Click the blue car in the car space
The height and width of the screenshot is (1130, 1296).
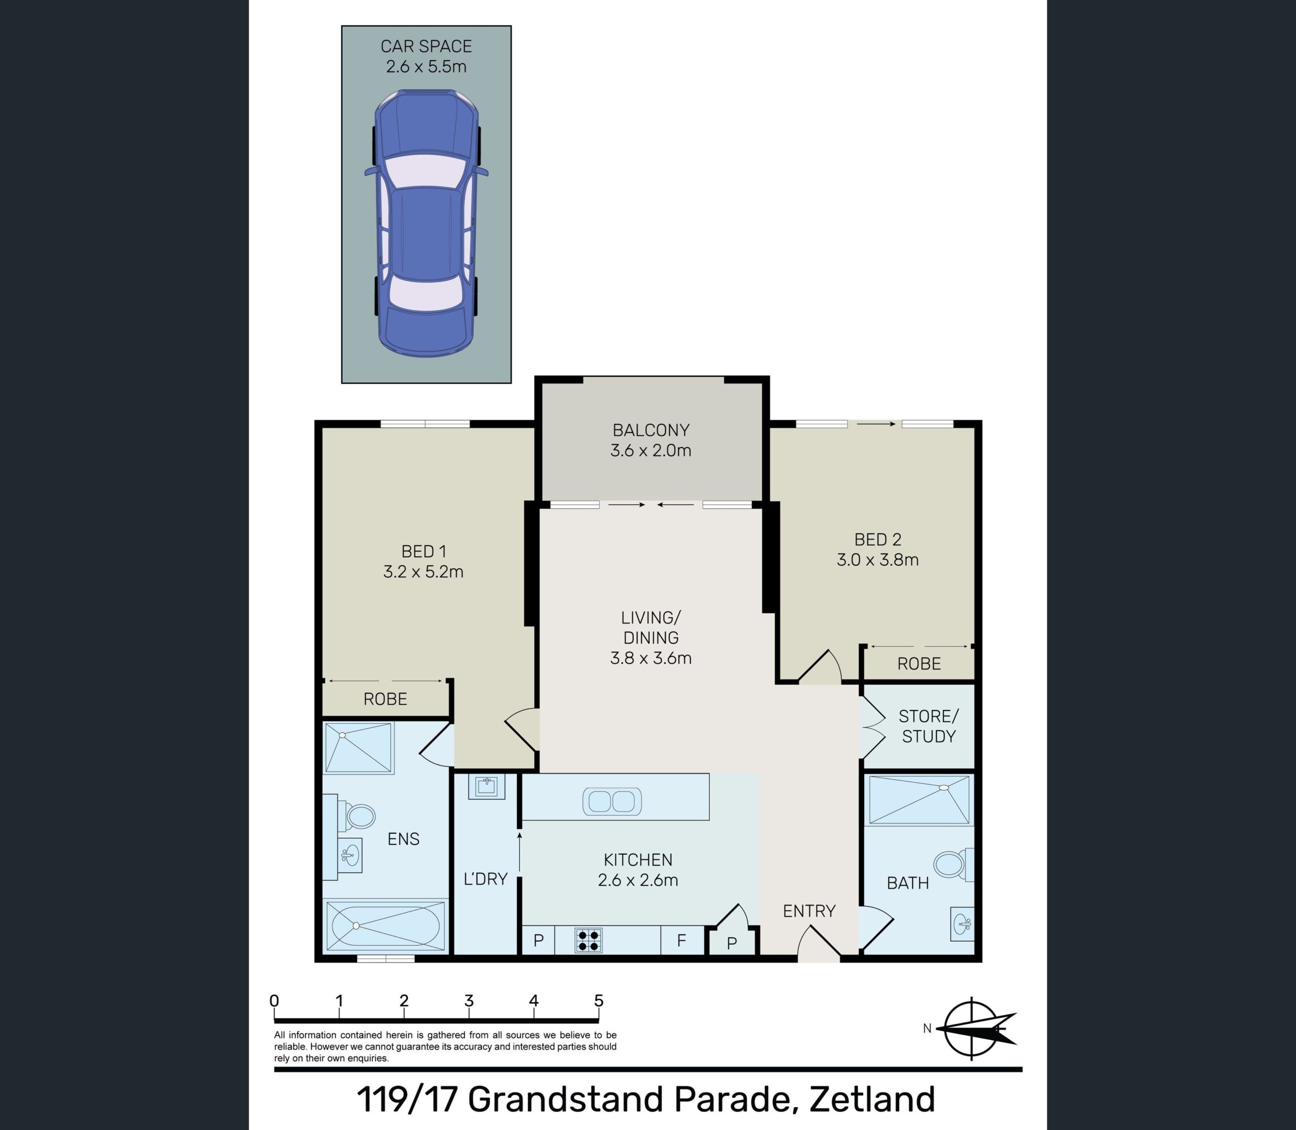point(426,222)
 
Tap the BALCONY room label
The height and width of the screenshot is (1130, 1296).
point(651,430)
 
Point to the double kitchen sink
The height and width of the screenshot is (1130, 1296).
point(612,801)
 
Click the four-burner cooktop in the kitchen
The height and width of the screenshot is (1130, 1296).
point(589,940)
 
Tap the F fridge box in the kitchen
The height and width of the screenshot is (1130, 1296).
point(682,940)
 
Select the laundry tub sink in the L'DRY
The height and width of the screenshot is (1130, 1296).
point(486,786)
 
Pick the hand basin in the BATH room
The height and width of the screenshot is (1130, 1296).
point(962,924)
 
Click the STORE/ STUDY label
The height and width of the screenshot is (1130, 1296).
point(928,726)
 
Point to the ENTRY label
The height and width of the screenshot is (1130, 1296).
point(809,911)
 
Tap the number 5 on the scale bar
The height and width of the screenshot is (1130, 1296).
point(599,1001)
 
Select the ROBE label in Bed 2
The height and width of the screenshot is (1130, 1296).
point(919,664)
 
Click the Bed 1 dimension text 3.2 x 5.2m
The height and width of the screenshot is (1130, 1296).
point(424,572)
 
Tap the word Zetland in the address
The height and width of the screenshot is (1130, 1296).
point(872,1099)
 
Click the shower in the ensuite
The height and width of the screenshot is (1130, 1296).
point(358,748)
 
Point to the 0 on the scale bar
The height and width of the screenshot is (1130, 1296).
point(274,1001)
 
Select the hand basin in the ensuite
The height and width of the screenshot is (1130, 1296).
point(349,855)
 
